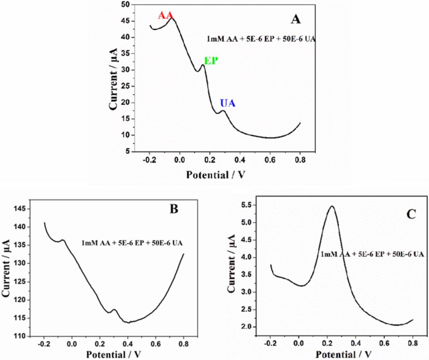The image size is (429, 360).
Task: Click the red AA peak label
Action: [165, 15]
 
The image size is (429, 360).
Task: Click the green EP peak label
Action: [211, 61]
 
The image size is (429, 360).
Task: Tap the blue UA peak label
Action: [228, 103]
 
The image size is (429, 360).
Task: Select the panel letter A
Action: [295, 19]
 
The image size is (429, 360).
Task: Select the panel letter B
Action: [174, 209]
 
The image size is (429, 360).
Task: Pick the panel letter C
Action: [411, 214]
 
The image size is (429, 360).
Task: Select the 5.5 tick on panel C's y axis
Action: [248, 205]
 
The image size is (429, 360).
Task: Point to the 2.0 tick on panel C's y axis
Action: [248, 327]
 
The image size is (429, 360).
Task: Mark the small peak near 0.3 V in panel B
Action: [114, 310]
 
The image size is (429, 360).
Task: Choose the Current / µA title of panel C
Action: [232, 264]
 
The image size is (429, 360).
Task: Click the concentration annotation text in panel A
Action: [261, 39]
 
